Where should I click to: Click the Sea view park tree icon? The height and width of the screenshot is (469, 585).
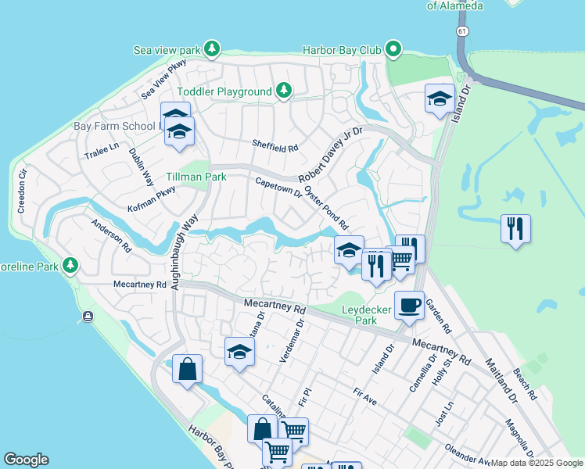click(212, 50)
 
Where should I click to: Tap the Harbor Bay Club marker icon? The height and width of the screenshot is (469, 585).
click(393, 50)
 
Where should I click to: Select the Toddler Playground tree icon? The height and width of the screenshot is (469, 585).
click(284, 91)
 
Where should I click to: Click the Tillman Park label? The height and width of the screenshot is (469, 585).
click(196, 177)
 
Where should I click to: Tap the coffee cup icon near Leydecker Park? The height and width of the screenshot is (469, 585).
click(408, 305)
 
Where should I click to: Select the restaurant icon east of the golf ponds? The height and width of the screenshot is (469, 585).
click(515, 229)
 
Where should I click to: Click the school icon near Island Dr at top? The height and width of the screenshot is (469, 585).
click(440, 99)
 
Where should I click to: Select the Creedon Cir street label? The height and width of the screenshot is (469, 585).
click(23, 189)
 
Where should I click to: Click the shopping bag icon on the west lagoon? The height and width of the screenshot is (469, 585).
click(188, 369)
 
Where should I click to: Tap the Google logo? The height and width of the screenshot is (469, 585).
click(26, 460)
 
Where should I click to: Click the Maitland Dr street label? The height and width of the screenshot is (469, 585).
click(501, 381)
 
